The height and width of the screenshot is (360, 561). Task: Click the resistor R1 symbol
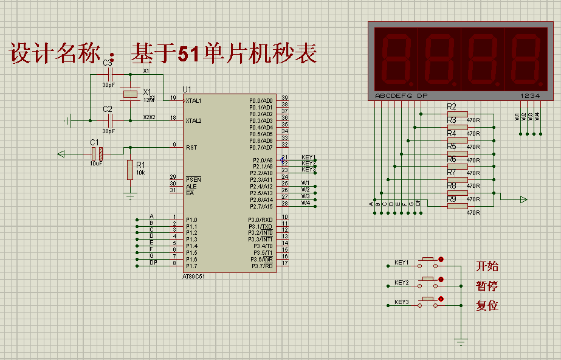tap(129, 170)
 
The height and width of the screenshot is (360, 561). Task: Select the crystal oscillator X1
tap(130, 94)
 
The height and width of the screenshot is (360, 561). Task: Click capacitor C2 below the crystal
tap(109, 120)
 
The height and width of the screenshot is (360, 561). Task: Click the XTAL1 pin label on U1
tap(194, 101)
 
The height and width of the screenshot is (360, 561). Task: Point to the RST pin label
tap(191, 147)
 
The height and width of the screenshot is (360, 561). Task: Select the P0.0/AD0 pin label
tap(261, 100)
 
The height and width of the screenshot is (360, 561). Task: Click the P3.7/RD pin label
tap(260, 265)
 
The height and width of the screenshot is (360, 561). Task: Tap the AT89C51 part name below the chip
tap(195, 277)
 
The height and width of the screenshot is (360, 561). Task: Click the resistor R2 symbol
tap(457, 114)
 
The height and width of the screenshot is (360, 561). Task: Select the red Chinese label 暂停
tap(487, 286)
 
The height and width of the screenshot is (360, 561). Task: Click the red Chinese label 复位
tap(487, 306)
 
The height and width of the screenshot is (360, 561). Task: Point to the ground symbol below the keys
tap(462, 341)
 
